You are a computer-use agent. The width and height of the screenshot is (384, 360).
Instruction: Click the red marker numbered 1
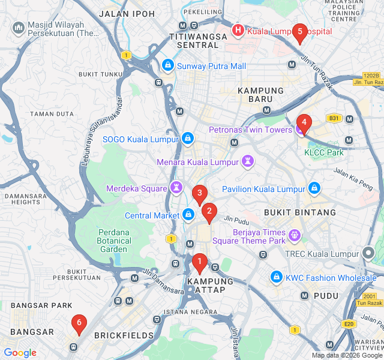(x=199, y=262)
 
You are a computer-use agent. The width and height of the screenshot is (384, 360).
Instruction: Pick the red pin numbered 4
(x=304, y=124)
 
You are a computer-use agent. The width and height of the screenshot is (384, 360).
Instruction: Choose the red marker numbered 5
(x=299, y=32)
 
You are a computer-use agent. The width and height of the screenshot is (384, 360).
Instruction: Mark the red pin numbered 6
(x=78, y=323)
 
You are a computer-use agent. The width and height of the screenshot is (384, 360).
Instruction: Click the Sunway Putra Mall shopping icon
(x=168, y=65)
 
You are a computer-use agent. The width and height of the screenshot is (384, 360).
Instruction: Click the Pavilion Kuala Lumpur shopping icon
(x=314, y=189)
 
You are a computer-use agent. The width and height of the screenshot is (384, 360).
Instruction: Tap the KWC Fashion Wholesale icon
(x=277, y=277)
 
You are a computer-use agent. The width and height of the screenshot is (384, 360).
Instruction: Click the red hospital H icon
(x=238, y=29)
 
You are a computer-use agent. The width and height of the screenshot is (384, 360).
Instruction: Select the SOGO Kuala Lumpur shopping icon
(x=188, y=139)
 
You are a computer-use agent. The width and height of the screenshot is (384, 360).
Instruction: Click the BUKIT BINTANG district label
(x=300, y=212)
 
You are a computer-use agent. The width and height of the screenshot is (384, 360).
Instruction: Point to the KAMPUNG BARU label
(x=260, y=94)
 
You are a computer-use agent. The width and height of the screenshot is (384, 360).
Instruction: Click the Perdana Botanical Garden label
(x=113, y=241)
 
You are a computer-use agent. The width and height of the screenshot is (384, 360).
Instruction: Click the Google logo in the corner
(x=20, y=353)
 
